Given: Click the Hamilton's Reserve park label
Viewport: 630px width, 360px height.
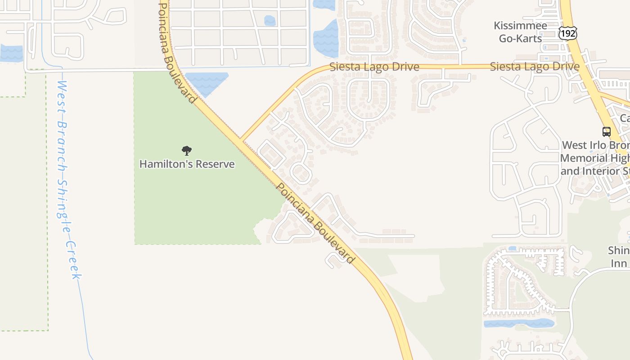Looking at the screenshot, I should point(187,164).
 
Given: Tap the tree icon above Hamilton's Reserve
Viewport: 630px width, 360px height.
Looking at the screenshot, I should point(187,151).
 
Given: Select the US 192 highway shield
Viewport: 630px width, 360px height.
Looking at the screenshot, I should point(567,33).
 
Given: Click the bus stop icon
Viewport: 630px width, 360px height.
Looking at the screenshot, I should point(607,132).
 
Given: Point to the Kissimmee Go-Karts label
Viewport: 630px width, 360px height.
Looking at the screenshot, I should point(521,32).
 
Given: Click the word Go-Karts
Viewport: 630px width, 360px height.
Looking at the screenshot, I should point(521,39).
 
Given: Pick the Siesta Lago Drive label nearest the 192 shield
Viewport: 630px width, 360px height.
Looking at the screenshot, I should point(534,67).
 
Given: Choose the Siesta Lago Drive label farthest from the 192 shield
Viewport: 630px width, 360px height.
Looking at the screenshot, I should point(374,67).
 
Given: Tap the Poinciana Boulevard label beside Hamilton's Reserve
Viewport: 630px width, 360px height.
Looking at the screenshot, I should point(315,223).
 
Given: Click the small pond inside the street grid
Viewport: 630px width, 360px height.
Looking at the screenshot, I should point(270,21).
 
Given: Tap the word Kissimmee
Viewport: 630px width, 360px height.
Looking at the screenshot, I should point(521,26).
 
